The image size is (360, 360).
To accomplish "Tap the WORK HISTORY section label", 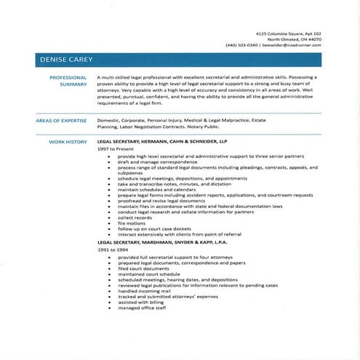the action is click(x=68, y=141).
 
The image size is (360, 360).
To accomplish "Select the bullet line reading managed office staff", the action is click(x=142, y=308).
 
